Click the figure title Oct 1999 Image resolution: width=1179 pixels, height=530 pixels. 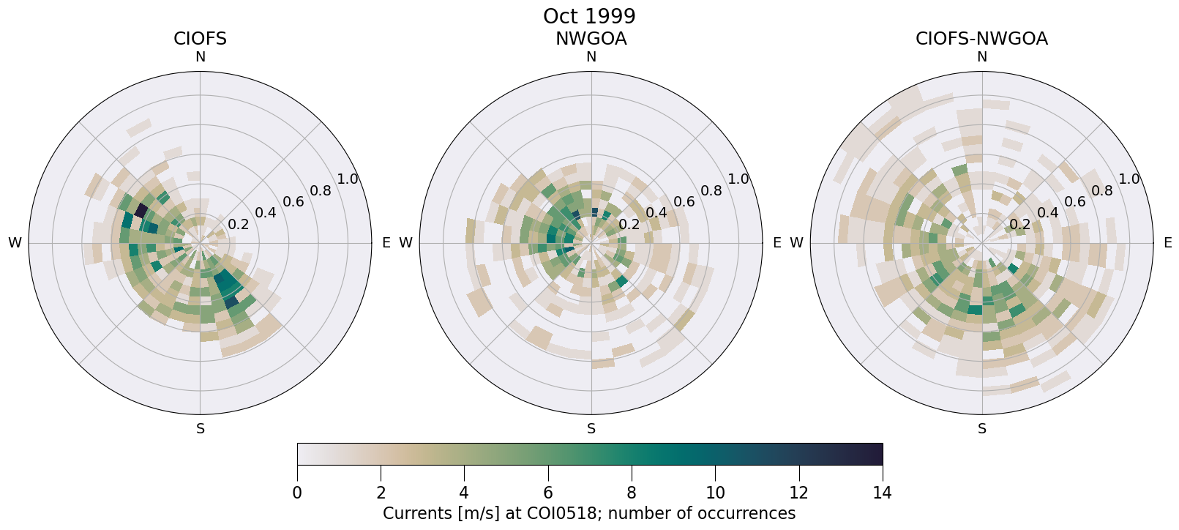click(589, 16)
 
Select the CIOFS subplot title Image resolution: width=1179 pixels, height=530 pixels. click(200, 39)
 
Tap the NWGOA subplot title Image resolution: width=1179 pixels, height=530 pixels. click(591, 39)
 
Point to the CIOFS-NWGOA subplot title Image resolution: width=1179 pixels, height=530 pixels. click(981, 39)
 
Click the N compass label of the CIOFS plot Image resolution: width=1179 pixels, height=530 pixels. click(200, 57)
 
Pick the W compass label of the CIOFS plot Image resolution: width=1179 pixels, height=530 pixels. click(15, 243)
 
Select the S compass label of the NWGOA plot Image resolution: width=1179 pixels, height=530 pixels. click(591, 429)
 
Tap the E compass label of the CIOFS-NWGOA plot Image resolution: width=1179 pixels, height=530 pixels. click(1167, 243)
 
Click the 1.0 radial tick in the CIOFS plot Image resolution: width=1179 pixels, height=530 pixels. click(348, 179)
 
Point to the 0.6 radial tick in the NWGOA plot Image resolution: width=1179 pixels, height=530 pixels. click(684, 201)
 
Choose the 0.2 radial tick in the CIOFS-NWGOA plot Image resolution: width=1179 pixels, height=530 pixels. click(1019, 224)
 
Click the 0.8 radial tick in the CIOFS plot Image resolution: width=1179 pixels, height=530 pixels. click(321, 191)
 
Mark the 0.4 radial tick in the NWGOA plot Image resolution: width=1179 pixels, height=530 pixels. click(656, 213)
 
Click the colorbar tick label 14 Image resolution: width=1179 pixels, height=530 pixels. click(882, 493)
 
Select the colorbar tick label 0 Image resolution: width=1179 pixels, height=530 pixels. click(297, 493)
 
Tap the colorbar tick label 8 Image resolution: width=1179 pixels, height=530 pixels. click(632, 493)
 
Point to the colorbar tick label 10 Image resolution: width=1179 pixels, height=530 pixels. click(715, 493)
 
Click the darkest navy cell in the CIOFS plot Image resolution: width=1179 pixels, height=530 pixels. click(141, 210)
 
